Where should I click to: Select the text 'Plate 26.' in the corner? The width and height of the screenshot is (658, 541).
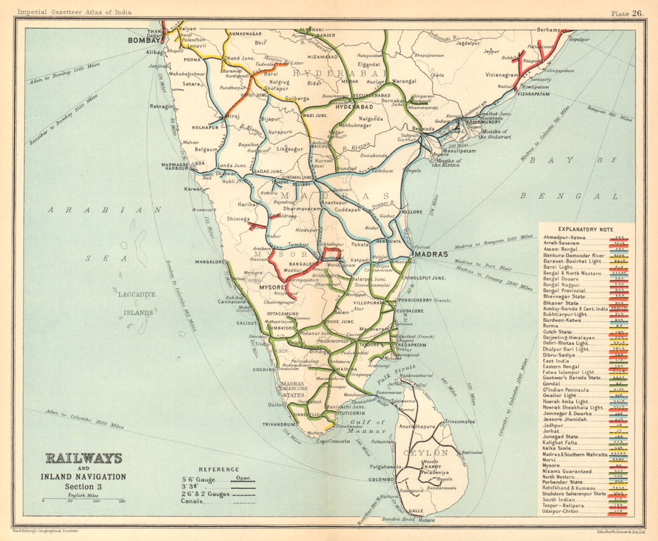point(626,13)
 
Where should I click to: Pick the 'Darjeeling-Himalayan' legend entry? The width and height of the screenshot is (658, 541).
point(569,338)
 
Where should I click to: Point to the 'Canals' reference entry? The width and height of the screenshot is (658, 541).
point(192,501)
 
